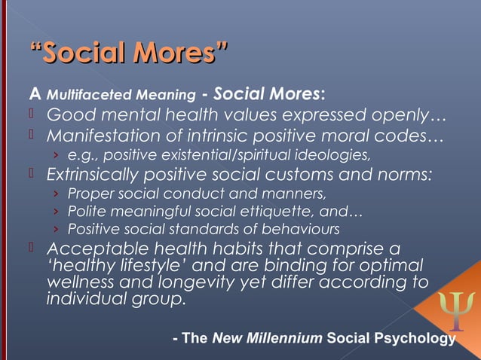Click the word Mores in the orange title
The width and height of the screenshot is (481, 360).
[177, 54]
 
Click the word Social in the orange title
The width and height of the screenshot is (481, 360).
[84, 54]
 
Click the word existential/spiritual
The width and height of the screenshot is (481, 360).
[230, 156]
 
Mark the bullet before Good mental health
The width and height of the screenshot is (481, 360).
[33, 115]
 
